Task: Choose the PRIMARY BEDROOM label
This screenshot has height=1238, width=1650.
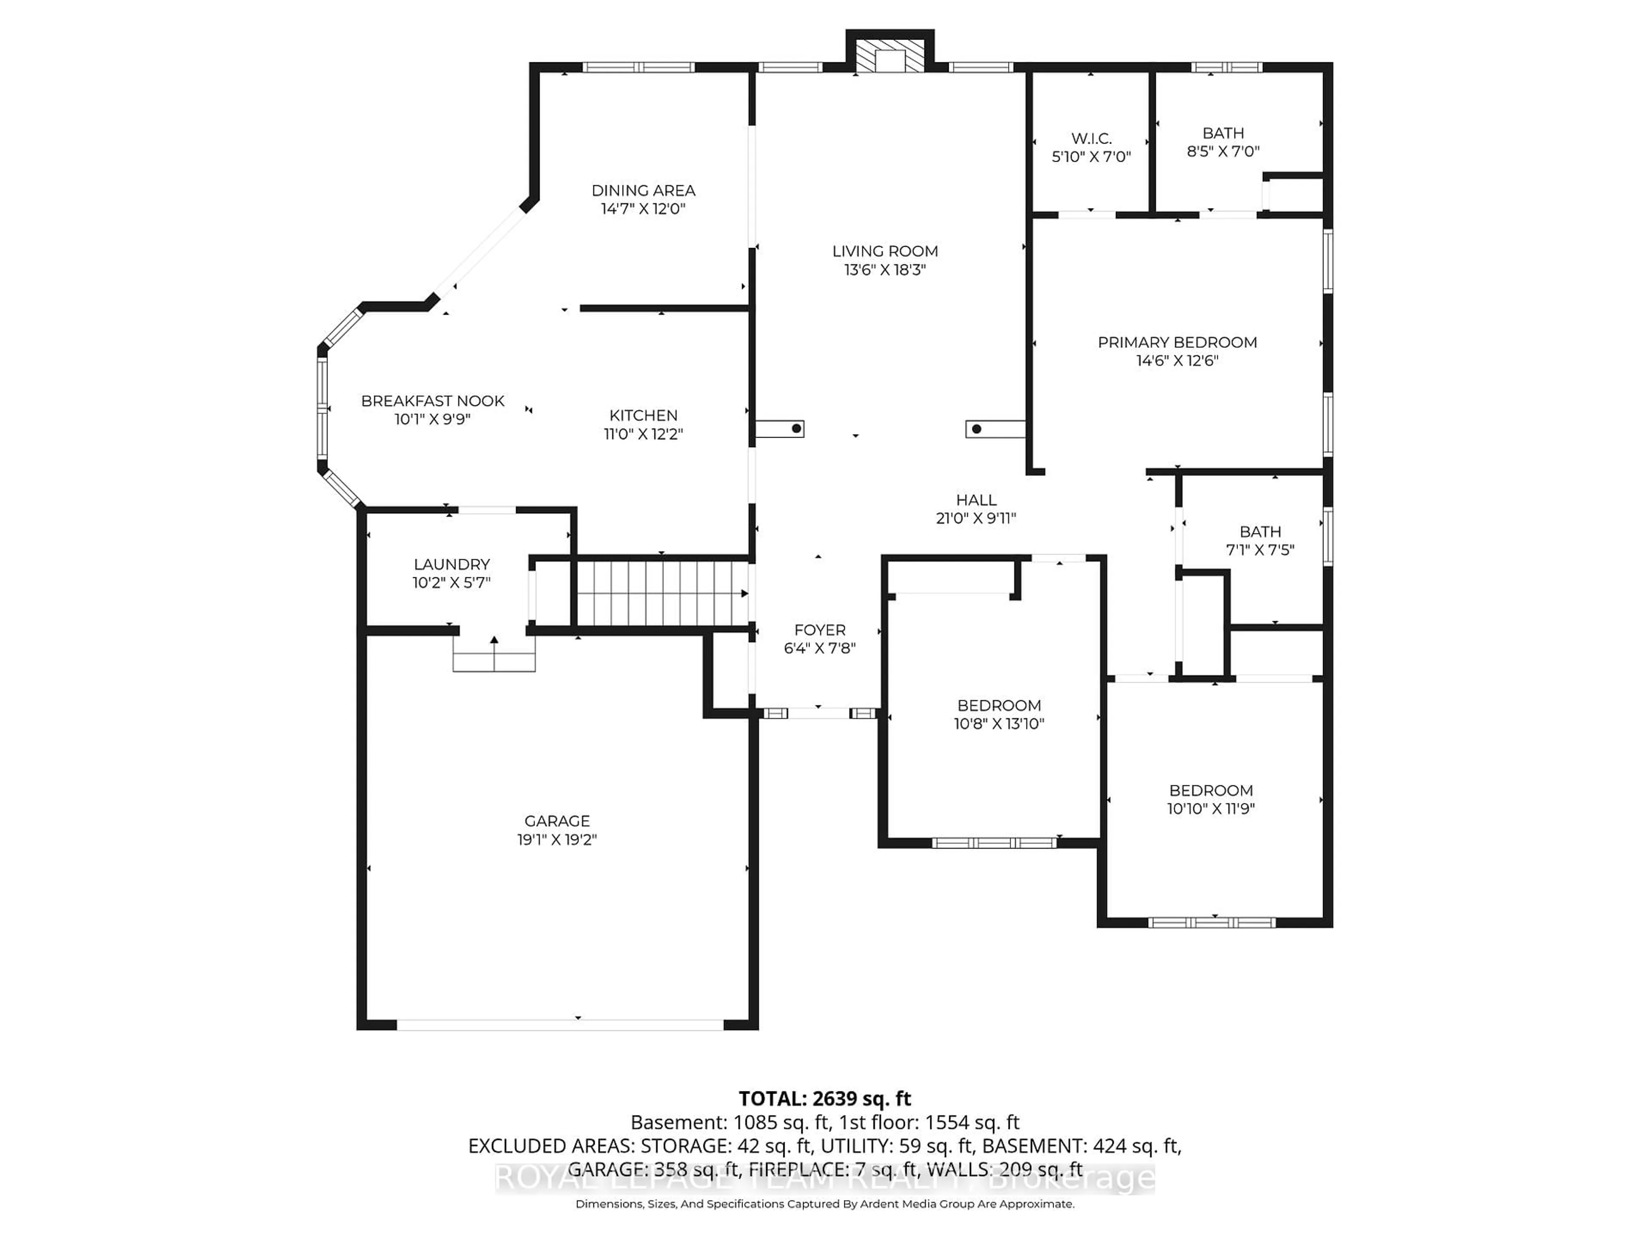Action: (1177, 343)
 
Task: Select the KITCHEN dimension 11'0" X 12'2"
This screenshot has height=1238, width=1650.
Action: (643, 434)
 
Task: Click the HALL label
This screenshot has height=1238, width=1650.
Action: (976, 500)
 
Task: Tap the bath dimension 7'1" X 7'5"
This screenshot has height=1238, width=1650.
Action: (1260, 550)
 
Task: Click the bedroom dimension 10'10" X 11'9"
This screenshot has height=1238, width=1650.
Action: (1211, 808)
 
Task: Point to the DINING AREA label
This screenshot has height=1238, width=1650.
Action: (643, 190)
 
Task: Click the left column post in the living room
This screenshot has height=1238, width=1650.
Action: (779, 429)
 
